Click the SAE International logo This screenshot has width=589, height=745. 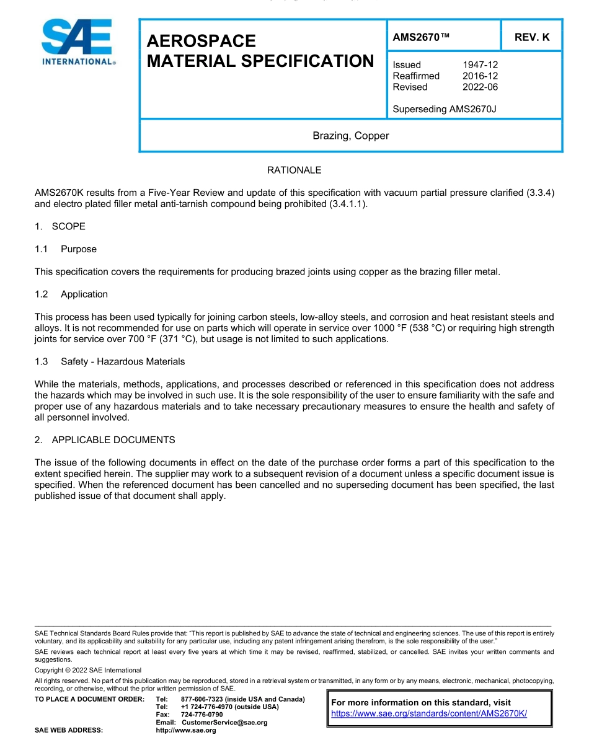point(77,42)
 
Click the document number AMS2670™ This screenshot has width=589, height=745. point(421,37)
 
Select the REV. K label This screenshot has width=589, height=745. point(532,37)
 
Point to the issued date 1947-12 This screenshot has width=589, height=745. point(480,64)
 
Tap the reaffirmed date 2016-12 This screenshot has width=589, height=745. point(480,76)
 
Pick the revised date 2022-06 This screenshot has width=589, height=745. point(480,87)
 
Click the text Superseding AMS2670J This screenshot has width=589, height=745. point(445,109)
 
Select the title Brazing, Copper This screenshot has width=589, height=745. point(351,136)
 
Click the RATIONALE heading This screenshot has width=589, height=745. point(294,170)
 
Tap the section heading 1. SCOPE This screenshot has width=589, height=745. point(60,226)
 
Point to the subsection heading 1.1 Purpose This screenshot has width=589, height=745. point(66,249)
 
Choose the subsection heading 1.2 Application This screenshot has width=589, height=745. point(71,294)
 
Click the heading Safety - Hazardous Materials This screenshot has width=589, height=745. point(122,361)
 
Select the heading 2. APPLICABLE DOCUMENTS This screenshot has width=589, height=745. point(105,440)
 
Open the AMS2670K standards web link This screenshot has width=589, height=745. point(429,713)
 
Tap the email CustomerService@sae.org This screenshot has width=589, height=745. point(224,723)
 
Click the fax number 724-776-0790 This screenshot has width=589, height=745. point(201,715)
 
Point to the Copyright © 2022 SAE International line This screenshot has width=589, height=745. point(88,670)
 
